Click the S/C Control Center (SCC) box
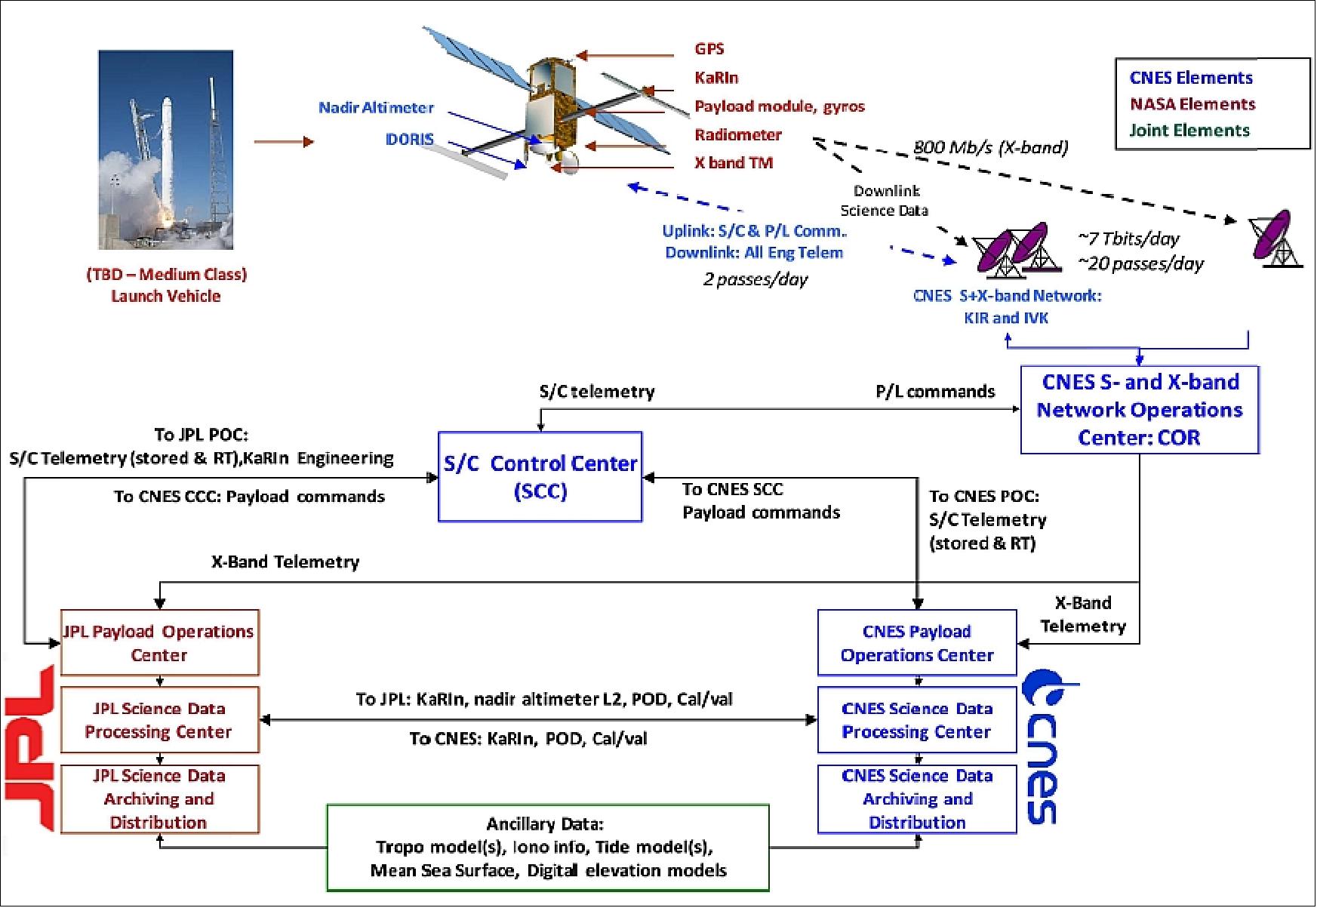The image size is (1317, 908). click(x=540, y=476)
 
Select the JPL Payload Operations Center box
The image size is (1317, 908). click(x=159, y=642)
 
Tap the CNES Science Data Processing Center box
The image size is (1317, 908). click(x=916, y=719)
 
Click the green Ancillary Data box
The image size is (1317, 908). click(x=547, y=848)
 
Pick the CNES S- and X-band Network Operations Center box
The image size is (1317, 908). click(x=1139, y=410)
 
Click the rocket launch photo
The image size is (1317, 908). click(x=165, y=149)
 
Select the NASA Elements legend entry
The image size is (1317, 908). click(x=1192, y=104)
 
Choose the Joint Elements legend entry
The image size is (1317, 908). click(x=1189, y=131)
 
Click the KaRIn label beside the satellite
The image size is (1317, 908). click(x=716, y=78)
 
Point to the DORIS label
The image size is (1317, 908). click(x=410, y=140)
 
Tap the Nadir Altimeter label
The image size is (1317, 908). click(x=376, y=108)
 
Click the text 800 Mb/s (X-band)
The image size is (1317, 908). click(x=990, y=147)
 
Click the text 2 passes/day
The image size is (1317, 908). click(x=755, y=279)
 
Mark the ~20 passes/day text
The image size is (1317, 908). click(x=1140, y=263)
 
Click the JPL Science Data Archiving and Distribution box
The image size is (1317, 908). click(x=159, y=799)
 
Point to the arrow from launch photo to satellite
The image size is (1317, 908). click(x=283, y=141)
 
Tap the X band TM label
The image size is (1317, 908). click(x=733, y=162)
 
